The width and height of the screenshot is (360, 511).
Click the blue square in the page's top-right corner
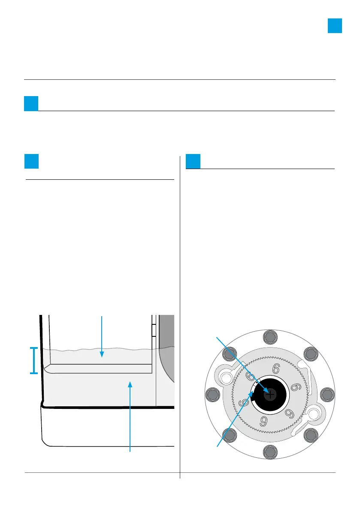(x=335, y=26)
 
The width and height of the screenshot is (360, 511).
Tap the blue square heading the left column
(x=32, y=161)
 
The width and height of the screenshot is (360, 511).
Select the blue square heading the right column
(x=194, y=161)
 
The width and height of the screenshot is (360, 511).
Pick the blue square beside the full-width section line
(x=31, y=103)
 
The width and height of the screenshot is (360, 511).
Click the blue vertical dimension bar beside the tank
(x=33, y=360)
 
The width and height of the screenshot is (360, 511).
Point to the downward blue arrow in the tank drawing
(x=102, y=337)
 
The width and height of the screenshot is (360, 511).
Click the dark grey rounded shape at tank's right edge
(x=166, y=348)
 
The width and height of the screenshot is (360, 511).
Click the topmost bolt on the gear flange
(x=269, y=337)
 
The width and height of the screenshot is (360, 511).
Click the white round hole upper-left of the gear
(x=226, y=377)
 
